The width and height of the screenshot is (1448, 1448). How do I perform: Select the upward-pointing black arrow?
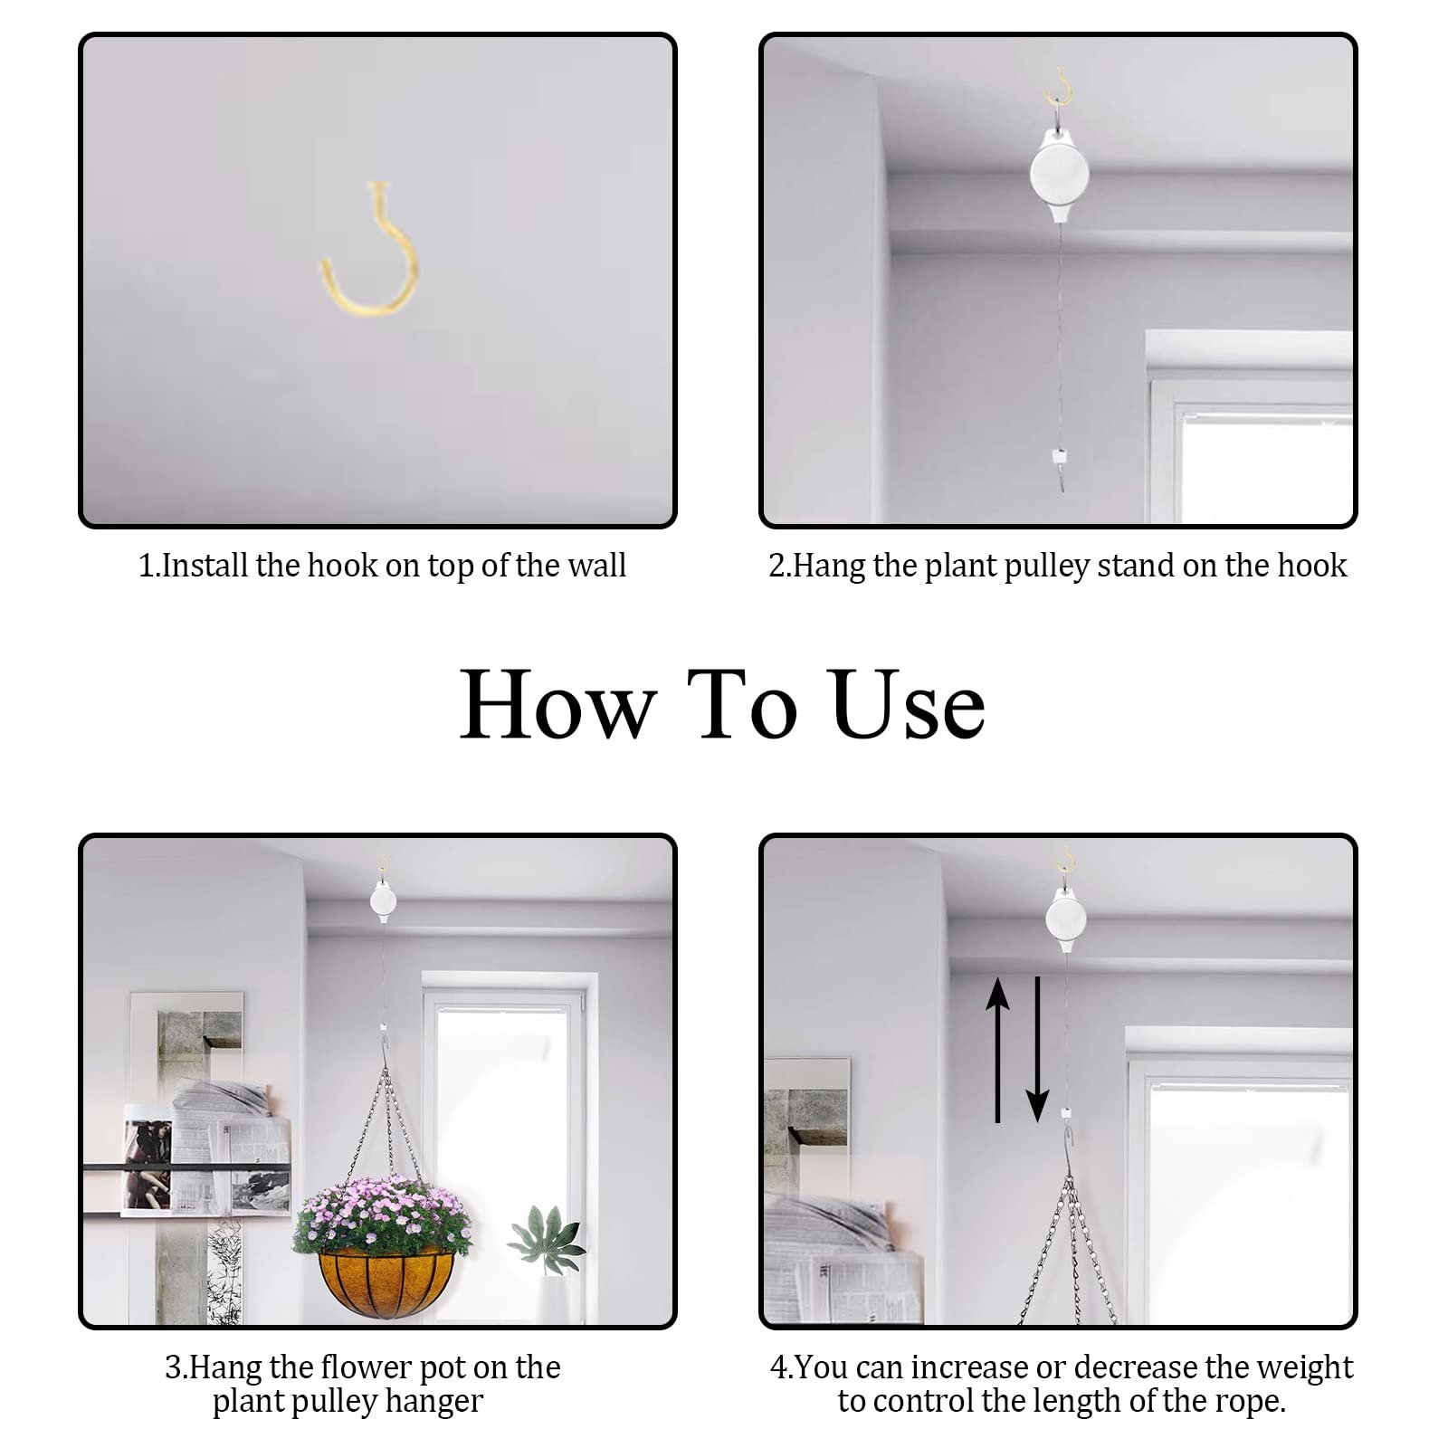tap(997, 1050)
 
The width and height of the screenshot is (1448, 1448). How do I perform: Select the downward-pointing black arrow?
tap(1037, 1050)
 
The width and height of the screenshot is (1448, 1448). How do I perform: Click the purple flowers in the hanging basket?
tap(382, 1215)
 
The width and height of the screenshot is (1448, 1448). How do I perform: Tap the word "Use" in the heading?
tap(908, 705)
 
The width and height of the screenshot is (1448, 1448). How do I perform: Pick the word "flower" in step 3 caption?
tap(366, 1367)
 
